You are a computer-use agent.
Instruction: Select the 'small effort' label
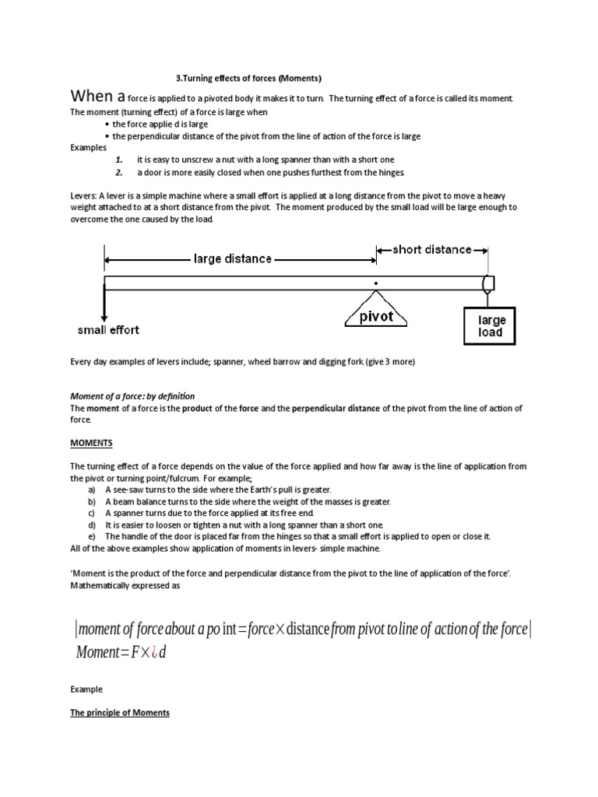[108, 329]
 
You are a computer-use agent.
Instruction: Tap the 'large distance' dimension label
[232, 258]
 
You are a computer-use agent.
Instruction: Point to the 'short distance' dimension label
[431, 249]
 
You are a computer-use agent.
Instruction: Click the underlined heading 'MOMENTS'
[91, 443]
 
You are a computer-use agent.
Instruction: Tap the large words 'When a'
[97, 97]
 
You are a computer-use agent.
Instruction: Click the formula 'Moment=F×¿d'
[121, 651]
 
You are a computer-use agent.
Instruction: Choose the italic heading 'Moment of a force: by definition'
[132, 396]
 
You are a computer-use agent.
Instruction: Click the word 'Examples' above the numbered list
[90, 147]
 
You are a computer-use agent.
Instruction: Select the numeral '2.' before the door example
[119, 172]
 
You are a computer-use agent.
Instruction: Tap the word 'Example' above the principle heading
[86, 689]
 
